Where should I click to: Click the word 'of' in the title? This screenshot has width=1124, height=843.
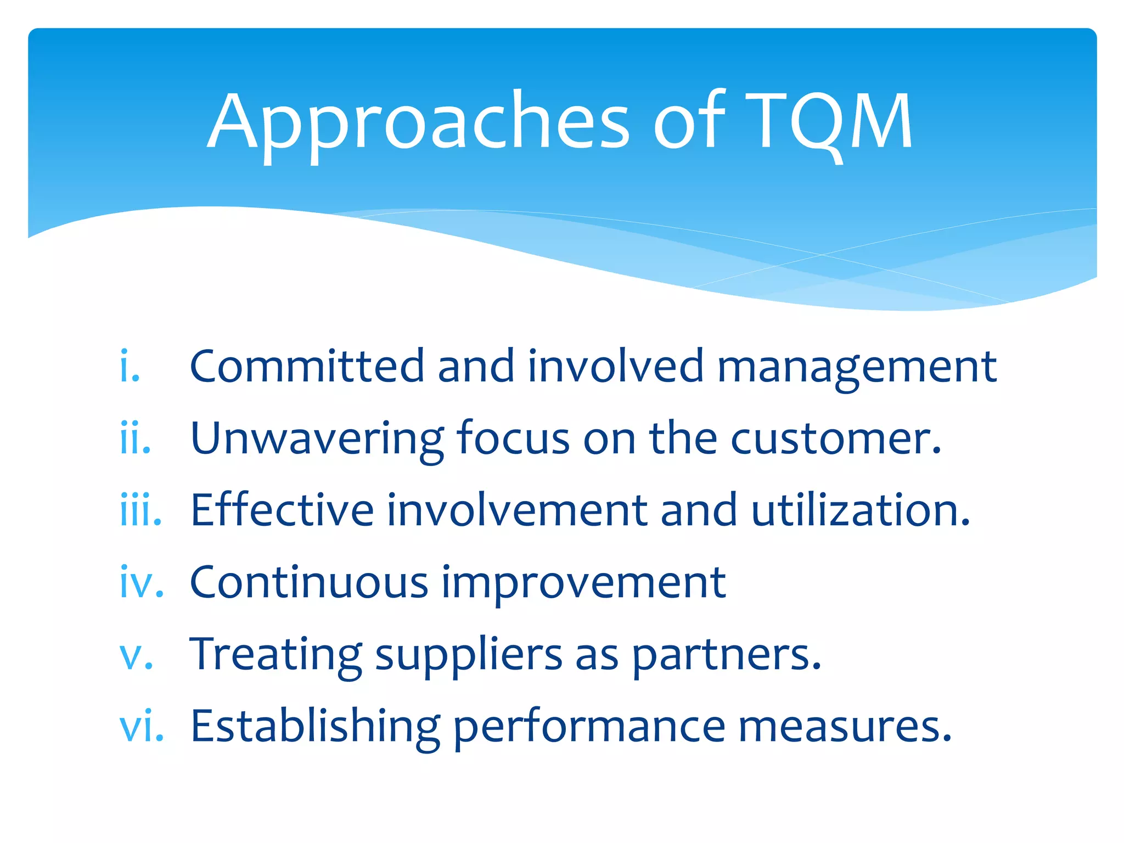coord(689,122)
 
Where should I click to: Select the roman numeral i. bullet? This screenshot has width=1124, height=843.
coord(130,366)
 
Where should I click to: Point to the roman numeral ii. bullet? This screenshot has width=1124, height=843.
coord(135,438)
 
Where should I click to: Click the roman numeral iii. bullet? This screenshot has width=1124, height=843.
coord(140,510)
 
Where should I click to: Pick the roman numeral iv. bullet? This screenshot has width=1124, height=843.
coord(142,582)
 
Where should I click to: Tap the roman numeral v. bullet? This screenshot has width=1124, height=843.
coord(136,655)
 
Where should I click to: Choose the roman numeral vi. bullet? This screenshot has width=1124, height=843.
coord(142,727)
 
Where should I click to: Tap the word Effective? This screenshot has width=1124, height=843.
coord(282,510)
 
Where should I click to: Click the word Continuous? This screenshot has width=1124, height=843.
coord(308,582)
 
